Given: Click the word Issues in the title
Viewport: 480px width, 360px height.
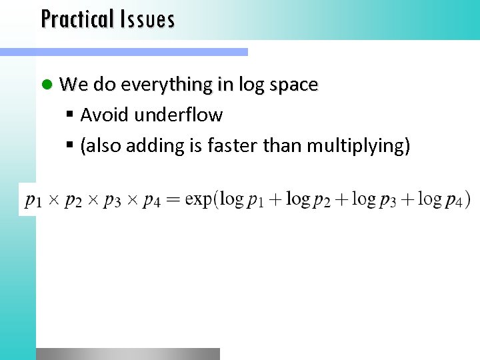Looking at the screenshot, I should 148,19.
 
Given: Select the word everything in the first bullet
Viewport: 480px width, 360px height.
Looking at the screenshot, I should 166,85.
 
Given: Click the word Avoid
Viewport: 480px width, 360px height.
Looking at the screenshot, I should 105,115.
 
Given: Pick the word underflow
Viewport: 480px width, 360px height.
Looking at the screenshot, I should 179,115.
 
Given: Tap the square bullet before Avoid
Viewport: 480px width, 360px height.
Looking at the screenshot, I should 71,116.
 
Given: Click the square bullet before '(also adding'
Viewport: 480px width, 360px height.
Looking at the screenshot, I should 71,146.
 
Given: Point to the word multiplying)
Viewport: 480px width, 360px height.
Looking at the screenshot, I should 358,146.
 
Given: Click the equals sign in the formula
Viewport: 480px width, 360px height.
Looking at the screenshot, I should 173,199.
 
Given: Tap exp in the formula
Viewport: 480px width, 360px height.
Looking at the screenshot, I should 199,199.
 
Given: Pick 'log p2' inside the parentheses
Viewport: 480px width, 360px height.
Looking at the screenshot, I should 308,199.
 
